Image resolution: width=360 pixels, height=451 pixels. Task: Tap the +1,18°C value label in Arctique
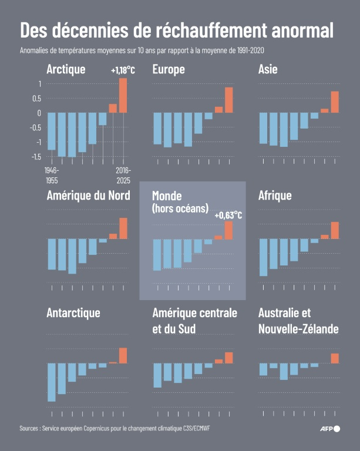tap(123, 70)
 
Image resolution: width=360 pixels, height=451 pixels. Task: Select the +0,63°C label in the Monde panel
tap(228, 216)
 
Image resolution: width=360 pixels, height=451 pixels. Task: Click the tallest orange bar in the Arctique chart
tap(123, 95)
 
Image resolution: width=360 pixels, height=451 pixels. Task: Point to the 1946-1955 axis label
tap(52, 174)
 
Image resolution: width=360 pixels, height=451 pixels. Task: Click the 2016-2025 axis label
tap(123, 174)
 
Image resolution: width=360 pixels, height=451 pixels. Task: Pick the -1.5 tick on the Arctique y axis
tap(36, 156)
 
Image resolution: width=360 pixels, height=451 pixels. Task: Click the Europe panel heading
tap(168, 70)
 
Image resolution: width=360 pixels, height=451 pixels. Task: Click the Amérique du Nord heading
tap(88, 196)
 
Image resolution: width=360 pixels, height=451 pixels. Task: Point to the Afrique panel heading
tap(275, 196)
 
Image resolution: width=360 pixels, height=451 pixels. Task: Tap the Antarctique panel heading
tap(73, 312)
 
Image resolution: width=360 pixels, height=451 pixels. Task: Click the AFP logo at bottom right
tap(329, 429)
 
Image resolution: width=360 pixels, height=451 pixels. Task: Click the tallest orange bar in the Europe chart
tap(229, 100)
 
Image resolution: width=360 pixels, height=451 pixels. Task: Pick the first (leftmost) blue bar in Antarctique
tap(52, 382)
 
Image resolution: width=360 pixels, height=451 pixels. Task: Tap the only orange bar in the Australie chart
tap(335, 358)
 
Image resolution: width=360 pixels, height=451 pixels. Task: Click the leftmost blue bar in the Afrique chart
tap(263, 257)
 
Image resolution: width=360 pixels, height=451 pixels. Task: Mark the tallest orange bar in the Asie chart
tap(335, 102)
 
